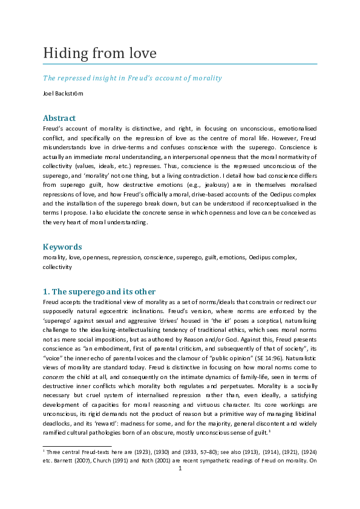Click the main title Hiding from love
(x=99, y=53)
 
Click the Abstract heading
(x=59, y=118)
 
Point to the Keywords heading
(x=62, y=247)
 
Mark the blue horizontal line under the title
(x=180, y=63)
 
